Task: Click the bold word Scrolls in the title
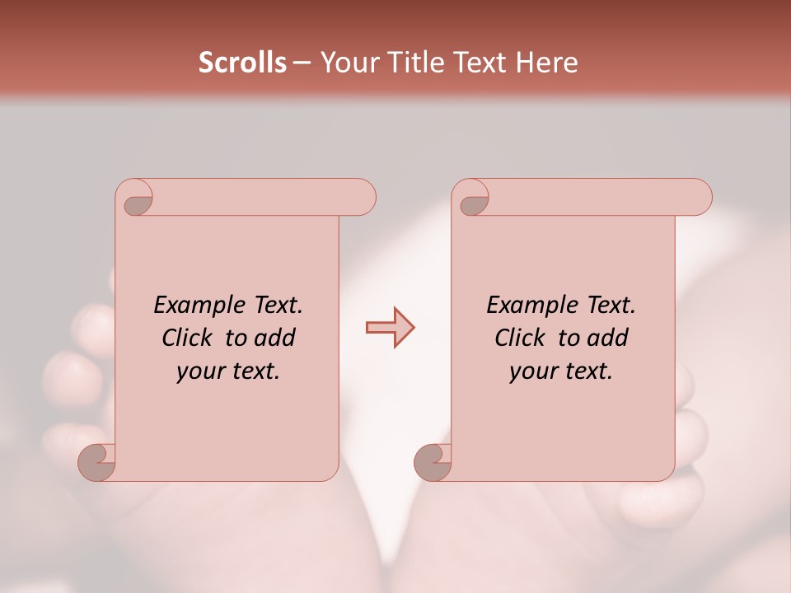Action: (242, 63)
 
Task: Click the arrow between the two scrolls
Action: (391, 328)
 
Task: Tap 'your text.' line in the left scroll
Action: (228, 371)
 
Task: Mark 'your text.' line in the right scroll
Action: (561, 371)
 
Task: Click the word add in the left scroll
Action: (274, 338)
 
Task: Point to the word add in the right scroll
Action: (607, 338)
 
